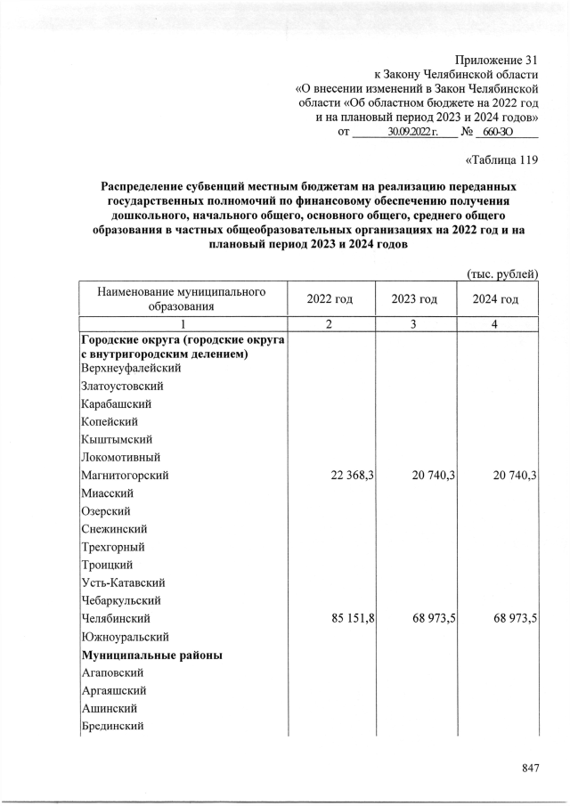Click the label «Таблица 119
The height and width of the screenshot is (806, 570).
pos(502,161)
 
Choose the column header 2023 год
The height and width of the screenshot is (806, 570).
pos(414,299)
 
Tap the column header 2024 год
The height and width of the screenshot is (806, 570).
pos(496,299)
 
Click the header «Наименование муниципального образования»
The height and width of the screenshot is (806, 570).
pos(183,299)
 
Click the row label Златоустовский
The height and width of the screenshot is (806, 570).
pos(122,386)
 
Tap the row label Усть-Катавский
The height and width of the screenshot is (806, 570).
pos(123,582)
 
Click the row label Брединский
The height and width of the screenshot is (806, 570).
pos(113,727)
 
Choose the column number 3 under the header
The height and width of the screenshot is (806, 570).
pos(414,324)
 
